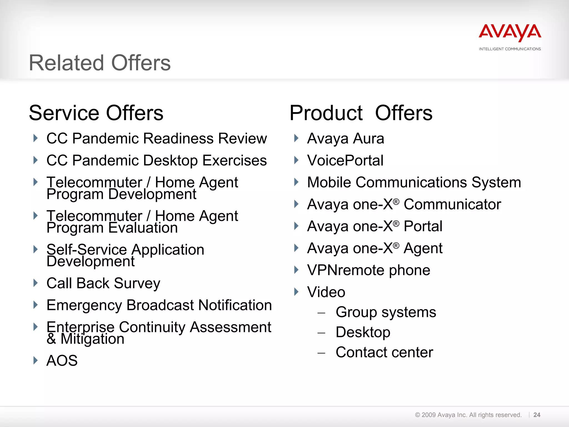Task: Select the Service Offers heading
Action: click(96, 113)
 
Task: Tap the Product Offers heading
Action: click(361, 113)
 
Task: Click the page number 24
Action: click(537, 415)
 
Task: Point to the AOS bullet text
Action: click(62, 361)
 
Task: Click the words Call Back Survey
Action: click(103, 283)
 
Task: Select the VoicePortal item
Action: click(345, 160)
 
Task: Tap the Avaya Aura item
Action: click(346, 138)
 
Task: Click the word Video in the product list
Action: click(326, 292)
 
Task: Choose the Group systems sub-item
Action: click(386, 312)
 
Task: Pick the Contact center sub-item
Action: click(384, 352)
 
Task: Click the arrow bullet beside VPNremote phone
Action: click(296, 270)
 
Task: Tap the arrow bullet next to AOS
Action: click(35, 360)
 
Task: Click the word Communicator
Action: click(452, 205)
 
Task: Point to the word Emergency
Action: click(84, 305)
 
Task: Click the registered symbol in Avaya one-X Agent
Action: click(396, 245)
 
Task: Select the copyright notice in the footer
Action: click(468, 415)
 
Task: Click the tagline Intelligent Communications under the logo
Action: click(510, 49)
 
